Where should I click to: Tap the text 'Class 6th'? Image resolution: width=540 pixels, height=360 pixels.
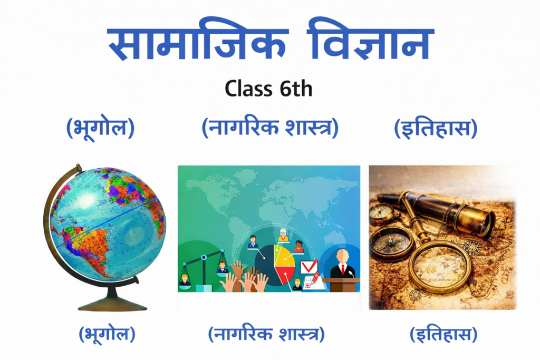tap(268, 88)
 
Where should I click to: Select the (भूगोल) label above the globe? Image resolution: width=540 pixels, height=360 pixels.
tap(100, 128)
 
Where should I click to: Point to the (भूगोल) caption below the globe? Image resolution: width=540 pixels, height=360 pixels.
tap(107, 334)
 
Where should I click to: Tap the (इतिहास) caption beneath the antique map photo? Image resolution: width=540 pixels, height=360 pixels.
tap(443, 334)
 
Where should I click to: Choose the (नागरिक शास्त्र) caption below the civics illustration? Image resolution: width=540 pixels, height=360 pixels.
tap(266, 334)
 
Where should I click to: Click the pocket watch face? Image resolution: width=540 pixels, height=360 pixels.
tap(381, 214)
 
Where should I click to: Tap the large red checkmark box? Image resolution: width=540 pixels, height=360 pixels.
tap(309, 267)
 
